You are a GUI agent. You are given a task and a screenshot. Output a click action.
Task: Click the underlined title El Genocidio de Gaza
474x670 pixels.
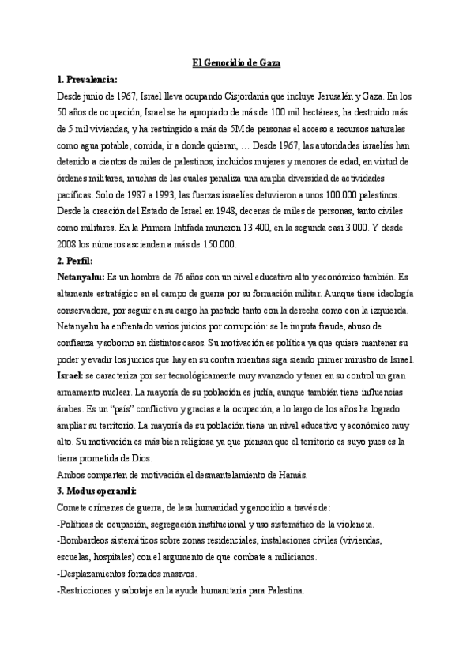[237, 63]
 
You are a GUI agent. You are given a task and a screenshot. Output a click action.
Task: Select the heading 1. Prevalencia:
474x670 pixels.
[87, 79]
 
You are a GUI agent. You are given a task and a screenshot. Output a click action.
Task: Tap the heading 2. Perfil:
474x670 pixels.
[75, 260]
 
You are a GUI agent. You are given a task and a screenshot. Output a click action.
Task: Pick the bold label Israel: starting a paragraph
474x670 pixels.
[70, 375]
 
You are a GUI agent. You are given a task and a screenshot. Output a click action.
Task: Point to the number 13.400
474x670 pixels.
[298, 228]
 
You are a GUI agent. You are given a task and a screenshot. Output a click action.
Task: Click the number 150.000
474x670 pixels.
[219, 244]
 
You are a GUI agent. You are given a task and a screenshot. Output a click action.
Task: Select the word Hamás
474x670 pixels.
[292, 474]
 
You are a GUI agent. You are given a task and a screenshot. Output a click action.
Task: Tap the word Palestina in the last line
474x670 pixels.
[280, 590]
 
